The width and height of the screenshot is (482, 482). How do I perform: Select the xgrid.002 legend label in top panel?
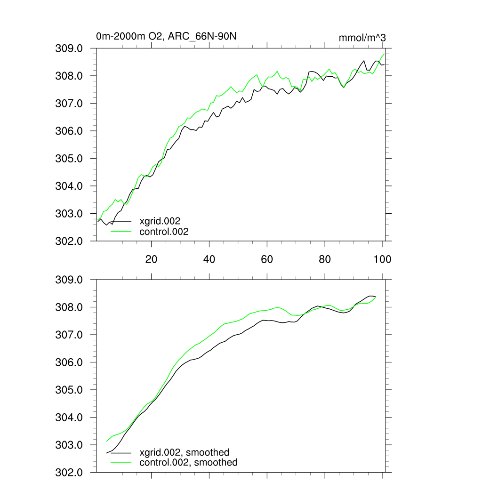coord(160,221)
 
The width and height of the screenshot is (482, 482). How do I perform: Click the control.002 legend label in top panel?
coord(164,232)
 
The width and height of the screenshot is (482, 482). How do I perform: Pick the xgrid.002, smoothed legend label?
coord(185,452)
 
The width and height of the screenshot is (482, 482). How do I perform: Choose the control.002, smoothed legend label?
coord(188,463)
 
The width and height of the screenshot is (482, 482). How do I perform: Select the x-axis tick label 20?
coord(151,259)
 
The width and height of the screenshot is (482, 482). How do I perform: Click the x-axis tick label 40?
coord(209,259)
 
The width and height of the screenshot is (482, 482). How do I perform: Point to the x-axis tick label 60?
coord(267,259)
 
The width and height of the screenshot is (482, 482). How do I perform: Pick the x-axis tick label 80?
coord(325,259)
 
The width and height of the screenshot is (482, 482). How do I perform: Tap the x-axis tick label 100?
coord(382,259)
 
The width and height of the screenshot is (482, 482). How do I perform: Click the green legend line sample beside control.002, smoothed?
coord(121,463)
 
